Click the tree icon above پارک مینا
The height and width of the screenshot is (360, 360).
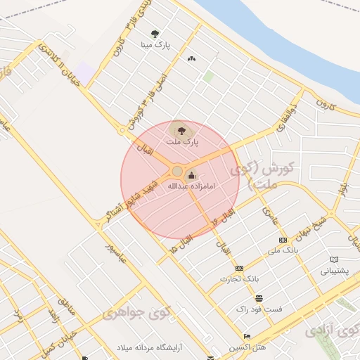click(x=155, y=33)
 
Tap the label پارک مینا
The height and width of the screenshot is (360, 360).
click(x=155, y=46)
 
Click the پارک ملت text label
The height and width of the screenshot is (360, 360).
click(x=182, y=141)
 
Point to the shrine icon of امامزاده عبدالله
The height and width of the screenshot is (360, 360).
click(x=192, y=175)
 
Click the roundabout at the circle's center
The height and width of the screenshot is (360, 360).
click(x=177, y=171)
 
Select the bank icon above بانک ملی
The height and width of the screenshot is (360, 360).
click(x=283, y=240)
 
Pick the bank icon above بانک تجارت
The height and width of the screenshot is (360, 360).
click(x=239, y=268)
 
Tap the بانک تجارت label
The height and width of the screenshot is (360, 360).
click(x=239, y=278)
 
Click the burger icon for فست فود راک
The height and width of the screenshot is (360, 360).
click(x=259, y=298)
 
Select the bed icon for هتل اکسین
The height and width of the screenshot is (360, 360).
click(x=247, y=337)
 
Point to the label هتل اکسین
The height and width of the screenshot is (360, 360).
click(x=247, y=348)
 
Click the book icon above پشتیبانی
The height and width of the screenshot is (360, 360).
click(x=334, y=259)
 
